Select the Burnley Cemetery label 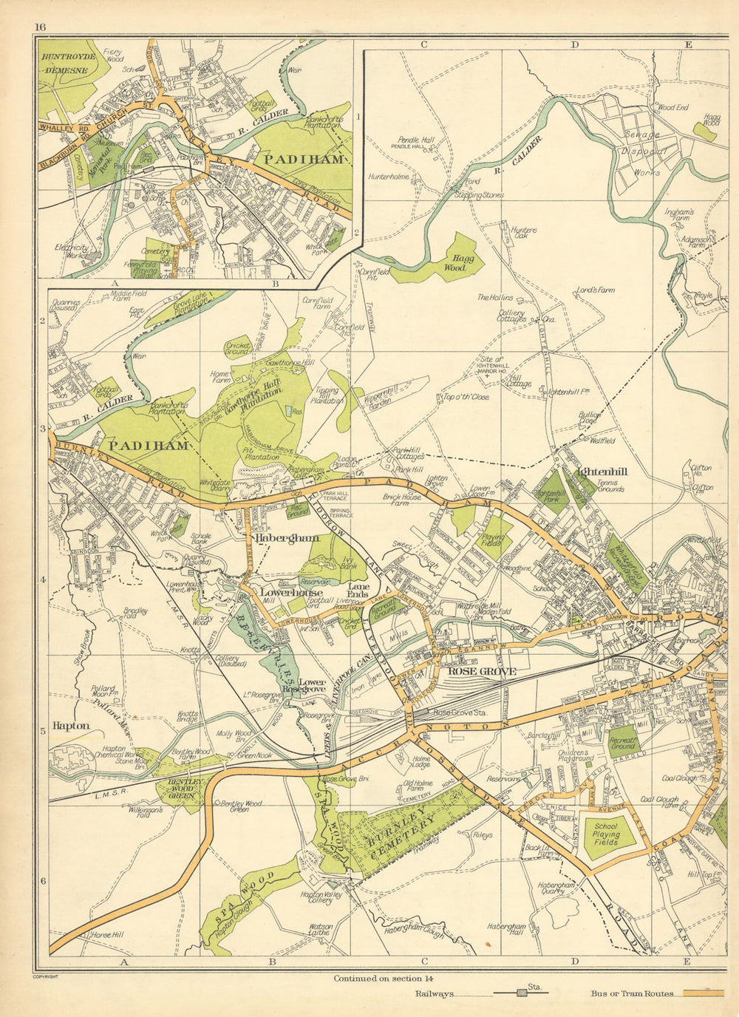point(398,832)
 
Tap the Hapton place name point(71,726)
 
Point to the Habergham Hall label point(506,930)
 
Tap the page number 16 point(39,27)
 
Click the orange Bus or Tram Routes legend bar point(702,993)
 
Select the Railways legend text point(436,994)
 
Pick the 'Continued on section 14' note point(380,978)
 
